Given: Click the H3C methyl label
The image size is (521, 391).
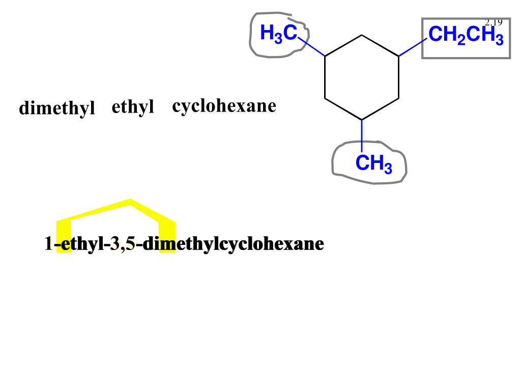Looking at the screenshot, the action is [278, 34].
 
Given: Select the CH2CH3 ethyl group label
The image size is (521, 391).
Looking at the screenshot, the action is [466, 36].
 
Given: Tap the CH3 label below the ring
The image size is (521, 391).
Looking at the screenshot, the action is [373, 164].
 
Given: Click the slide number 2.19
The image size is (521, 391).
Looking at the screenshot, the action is [493, 22].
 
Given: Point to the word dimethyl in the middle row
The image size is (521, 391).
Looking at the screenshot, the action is [57, 108].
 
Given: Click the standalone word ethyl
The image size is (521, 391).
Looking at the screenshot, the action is [133, 107].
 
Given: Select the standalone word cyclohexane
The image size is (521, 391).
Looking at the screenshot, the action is [224, 106].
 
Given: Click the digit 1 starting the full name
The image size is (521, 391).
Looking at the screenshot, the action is [48, 244].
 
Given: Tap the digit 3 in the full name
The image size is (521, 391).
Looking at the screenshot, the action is [114, 244].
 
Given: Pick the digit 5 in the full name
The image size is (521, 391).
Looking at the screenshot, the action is [131, 244].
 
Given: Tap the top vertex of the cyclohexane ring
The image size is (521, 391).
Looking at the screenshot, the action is [362, 35].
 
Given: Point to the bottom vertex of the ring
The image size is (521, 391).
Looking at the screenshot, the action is [362, 120].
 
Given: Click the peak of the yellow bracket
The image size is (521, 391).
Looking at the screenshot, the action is [131, 202].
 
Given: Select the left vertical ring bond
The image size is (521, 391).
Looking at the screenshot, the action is [325, 76].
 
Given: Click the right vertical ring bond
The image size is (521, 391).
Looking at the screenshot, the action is [398, 76].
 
